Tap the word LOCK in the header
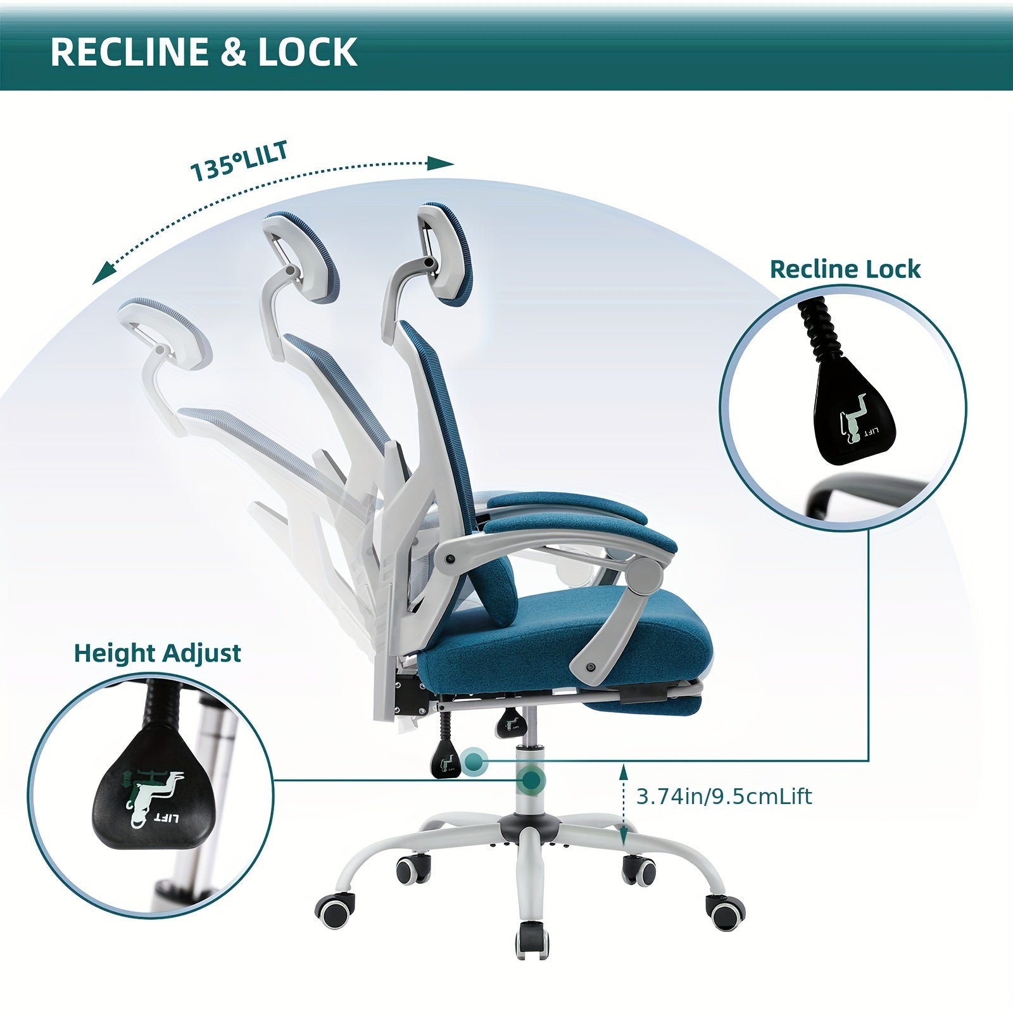pos(307,51)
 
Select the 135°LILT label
pos(240,161)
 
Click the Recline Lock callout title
pos(845,269)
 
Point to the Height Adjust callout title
pos(158,653)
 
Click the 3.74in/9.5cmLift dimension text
pos(724,796)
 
